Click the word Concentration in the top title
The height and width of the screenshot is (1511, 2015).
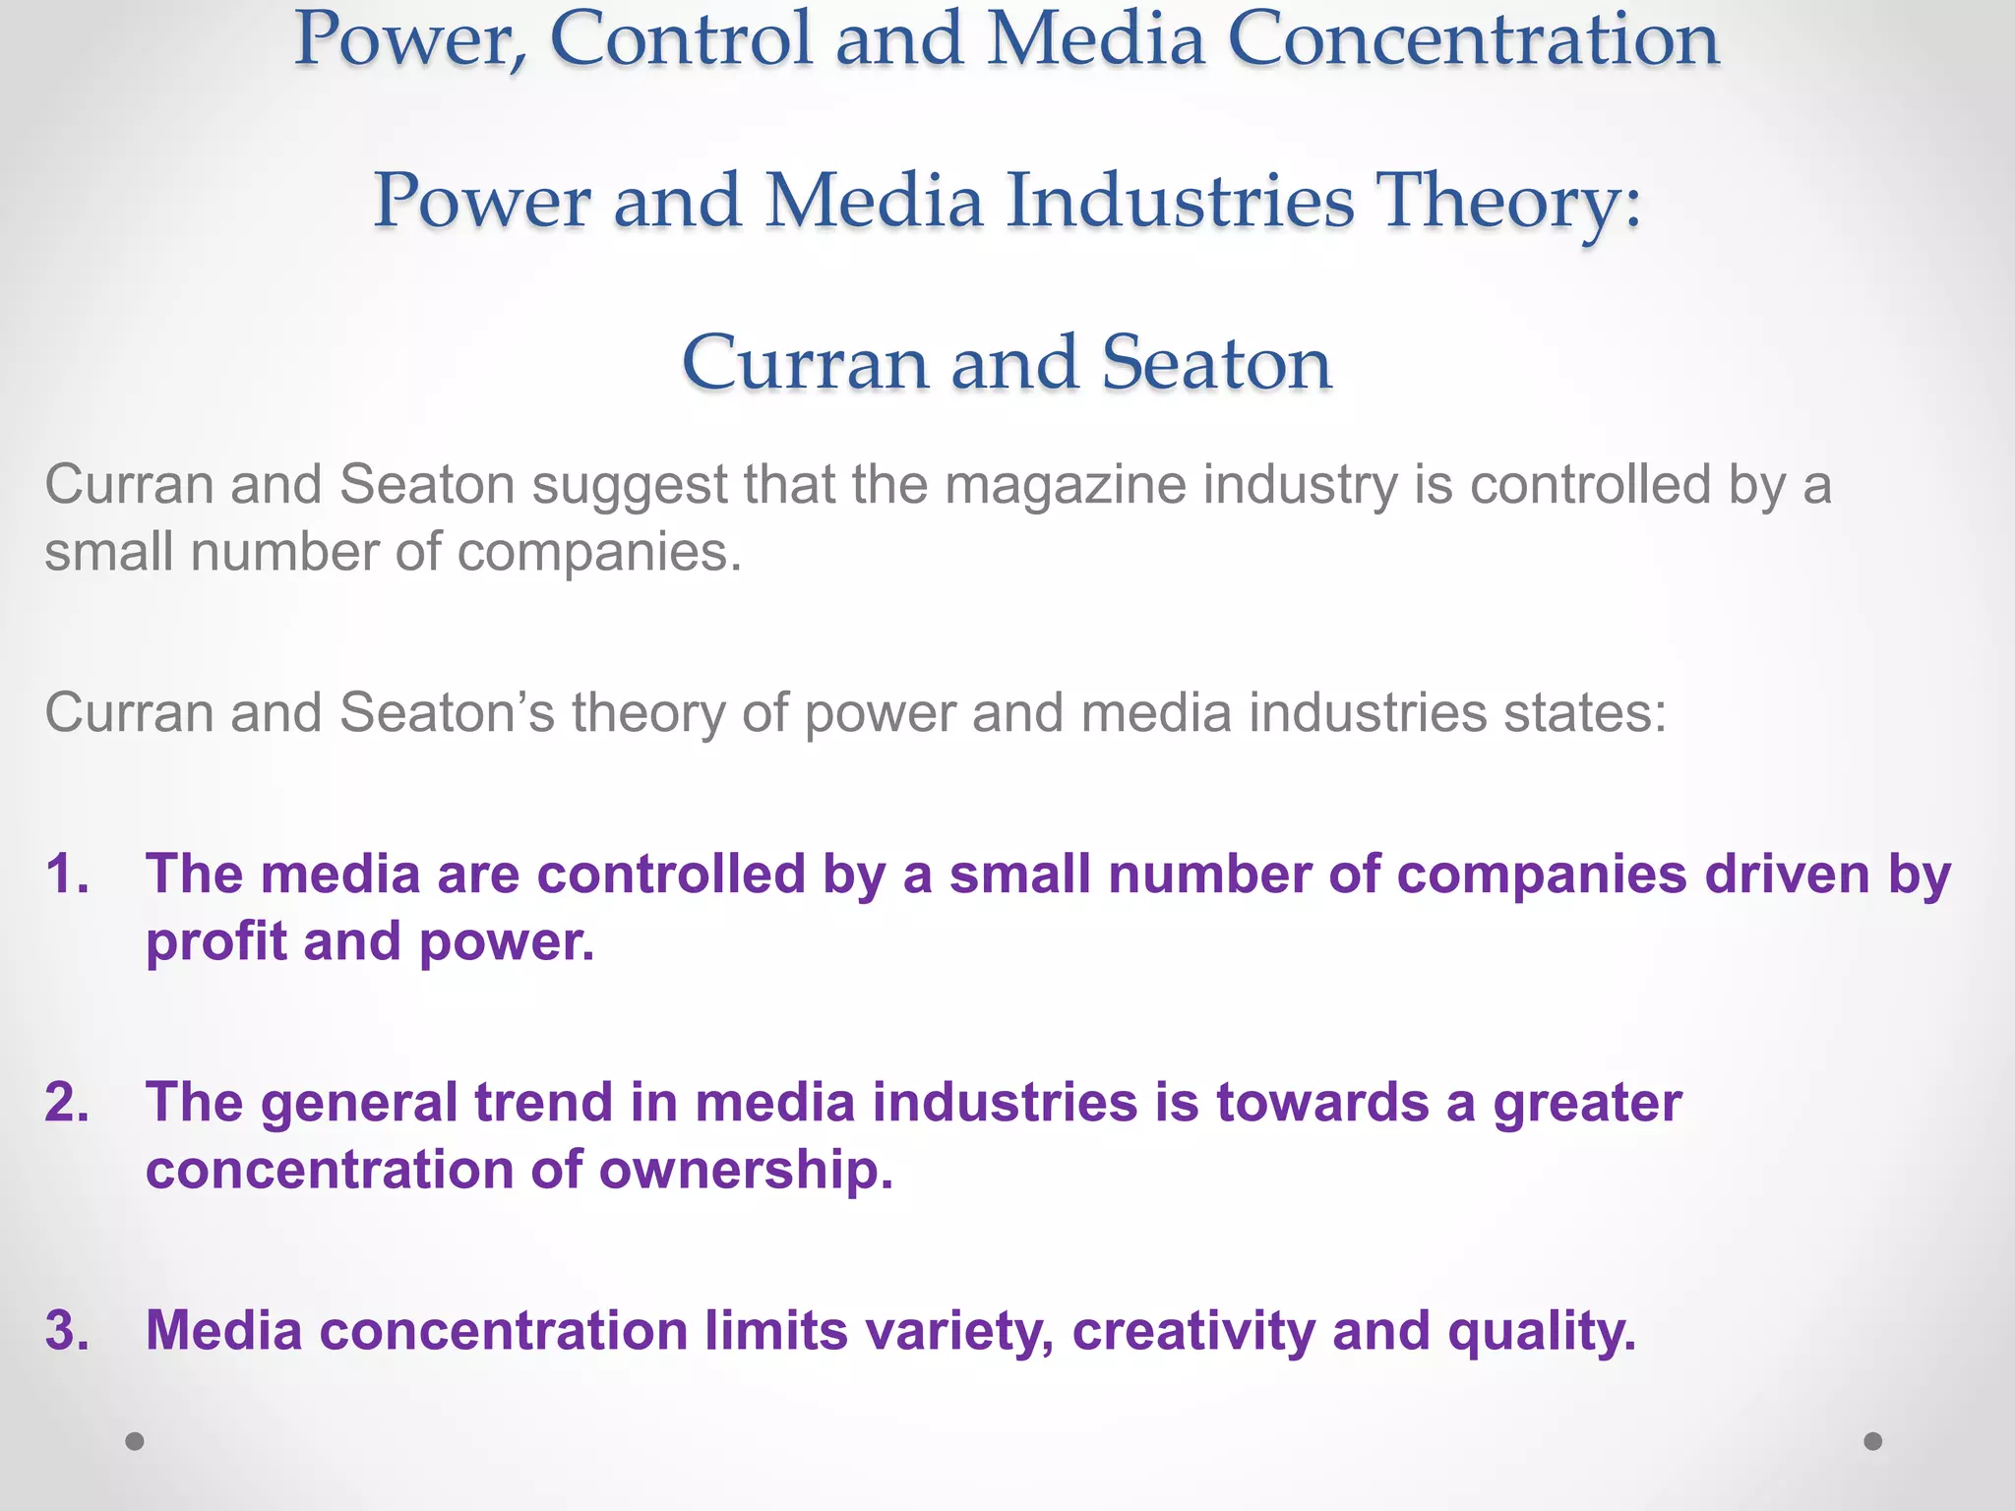1474,39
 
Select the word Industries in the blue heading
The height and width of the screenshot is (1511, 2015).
1180,201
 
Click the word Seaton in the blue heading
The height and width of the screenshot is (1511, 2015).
1216,363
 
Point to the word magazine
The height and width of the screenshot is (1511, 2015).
1066,486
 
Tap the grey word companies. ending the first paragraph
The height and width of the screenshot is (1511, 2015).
599,553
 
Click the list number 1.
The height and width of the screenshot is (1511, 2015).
68,874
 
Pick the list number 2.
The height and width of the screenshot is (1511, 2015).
68,1102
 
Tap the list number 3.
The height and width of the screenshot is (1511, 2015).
68,1330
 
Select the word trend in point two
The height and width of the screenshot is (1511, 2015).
543,1102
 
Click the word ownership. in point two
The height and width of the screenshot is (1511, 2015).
746,1170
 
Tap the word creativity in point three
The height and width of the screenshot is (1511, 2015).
1192,1332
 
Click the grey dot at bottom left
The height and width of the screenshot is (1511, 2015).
135,1441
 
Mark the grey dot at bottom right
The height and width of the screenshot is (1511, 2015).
1873,1441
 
